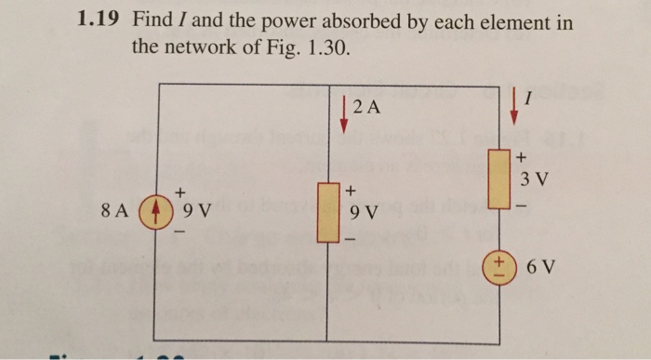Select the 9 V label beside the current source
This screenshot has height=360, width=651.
pyautogui.click(x=195, y=210)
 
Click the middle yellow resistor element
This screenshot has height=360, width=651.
pyautogui.click(x=327, y=211)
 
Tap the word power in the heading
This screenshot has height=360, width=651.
pyautogui.click(x=299, y=21)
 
